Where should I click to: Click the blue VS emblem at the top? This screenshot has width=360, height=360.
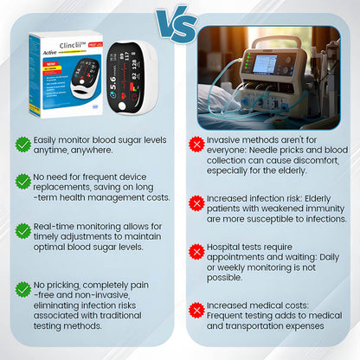pos(177,24)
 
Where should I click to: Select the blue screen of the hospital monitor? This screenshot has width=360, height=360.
pos(265,64)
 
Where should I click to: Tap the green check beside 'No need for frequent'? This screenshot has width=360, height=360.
pos(22,180)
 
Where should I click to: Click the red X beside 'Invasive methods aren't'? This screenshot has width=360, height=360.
pos(196,144)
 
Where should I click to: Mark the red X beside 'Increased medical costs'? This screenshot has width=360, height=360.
pos(196,308)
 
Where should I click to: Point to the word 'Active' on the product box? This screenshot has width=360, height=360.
pos(45,50)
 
